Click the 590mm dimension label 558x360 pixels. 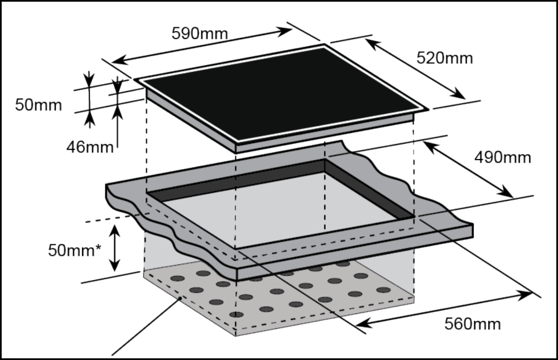tap(199, 33)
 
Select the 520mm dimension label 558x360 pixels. tap(445, 57)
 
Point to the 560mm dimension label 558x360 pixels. tap(472, 323)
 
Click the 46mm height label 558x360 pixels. tap(90, 147)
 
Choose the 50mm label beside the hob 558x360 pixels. tap(39, 104)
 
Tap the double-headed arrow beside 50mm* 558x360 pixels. tap(115, 248)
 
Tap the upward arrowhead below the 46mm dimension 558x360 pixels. tap(118, 112)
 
